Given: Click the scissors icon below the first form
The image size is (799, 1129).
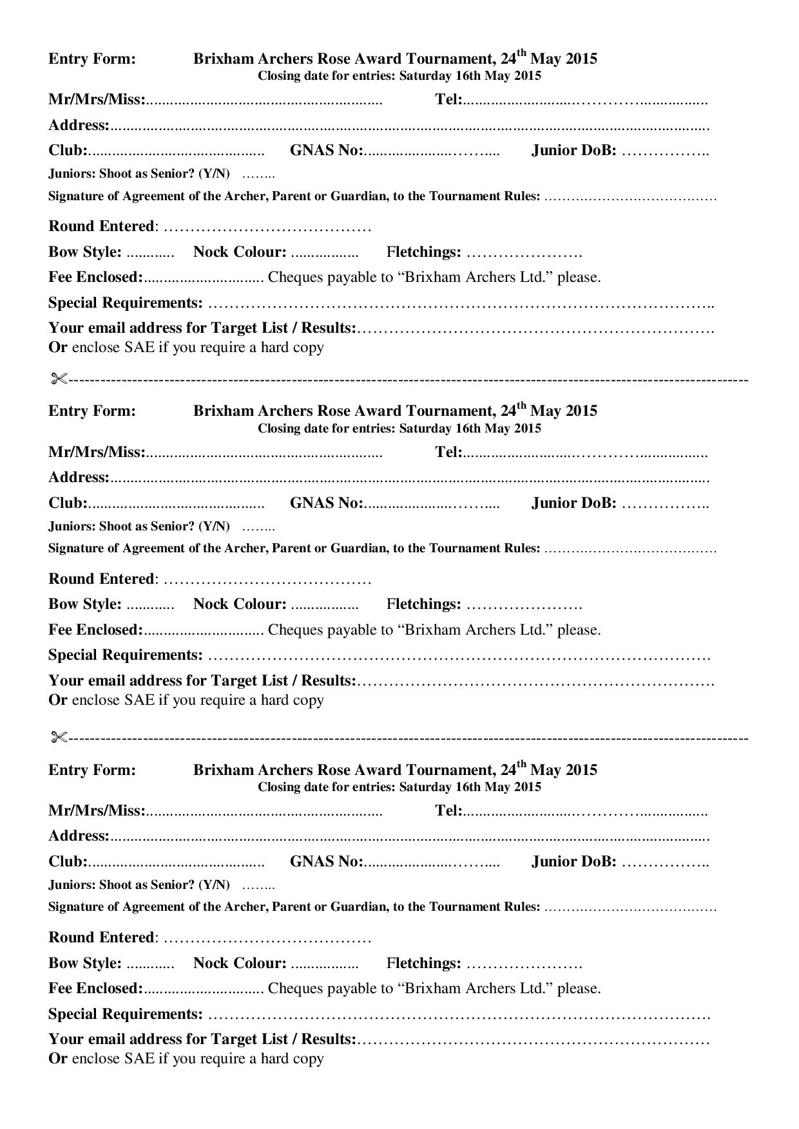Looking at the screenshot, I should click(59, 379).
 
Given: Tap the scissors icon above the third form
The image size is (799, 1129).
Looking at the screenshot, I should click(59, 738).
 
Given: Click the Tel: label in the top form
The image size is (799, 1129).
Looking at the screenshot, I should click(449, 99).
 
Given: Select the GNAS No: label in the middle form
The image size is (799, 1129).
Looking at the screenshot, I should click(327, 503).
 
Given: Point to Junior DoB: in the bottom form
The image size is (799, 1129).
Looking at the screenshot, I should click(573, 861).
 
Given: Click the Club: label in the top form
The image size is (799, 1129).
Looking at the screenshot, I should click(68, 150).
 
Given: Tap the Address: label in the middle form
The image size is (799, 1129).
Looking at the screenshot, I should click(79, 477).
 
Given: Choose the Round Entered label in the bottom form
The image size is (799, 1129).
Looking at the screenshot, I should click(101, 937).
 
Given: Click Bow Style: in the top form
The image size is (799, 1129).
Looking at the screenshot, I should click(85, 252).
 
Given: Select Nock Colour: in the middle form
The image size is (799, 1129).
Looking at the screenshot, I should click(240, 604).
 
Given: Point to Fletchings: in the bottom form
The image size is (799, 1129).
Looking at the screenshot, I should click(424, 963).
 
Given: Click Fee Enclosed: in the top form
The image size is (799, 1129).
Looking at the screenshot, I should click(95, 277).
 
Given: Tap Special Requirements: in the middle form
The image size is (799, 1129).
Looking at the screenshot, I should click(126, 655).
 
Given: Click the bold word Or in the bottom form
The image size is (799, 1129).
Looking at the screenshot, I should click(57, 1058).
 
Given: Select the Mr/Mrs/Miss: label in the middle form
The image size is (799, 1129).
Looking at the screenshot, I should click(97, 452).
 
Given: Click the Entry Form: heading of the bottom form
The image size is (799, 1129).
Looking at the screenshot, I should click(92, 770).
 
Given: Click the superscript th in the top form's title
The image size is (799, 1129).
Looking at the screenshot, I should click(522, 53).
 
